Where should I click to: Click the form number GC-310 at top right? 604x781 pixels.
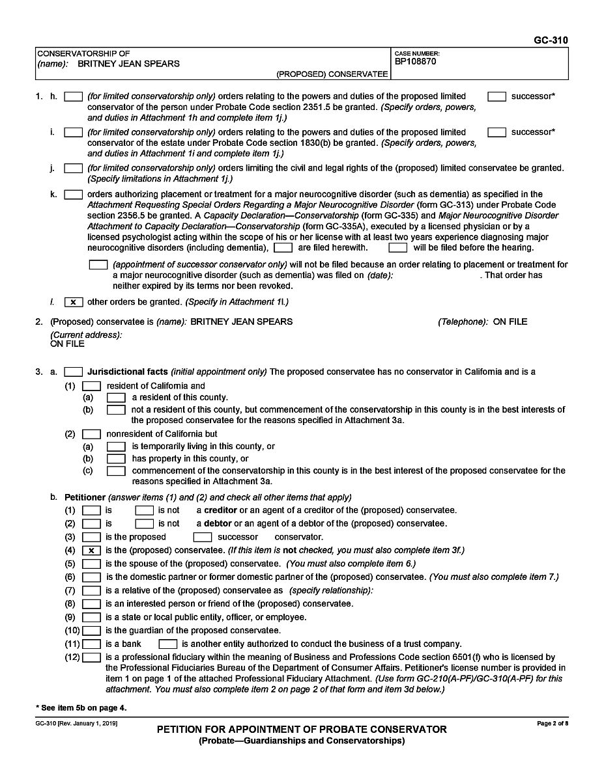click(551, 40)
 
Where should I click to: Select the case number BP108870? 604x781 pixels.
click(415, 62)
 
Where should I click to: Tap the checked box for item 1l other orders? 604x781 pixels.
click(74, 302)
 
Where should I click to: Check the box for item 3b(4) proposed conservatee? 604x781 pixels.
click(91, 551)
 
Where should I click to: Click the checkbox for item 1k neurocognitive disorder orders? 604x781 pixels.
click(74, 194)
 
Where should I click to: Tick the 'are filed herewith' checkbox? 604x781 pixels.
click(283, 248)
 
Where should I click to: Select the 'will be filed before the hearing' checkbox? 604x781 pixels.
click(397, 248)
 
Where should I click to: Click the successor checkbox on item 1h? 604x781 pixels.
click(497, 96)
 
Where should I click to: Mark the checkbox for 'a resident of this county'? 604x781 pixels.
click(116, 397)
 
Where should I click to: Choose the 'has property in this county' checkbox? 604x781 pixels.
click(116, 459)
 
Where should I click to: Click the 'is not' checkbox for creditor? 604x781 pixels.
click(144, 510)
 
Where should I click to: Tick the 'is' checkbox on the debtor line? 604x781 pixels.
click(91, 523)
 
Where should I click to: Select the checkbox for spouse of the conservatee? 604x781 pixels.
click(91, 564)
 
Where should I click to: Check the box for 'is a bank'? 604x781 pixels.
click(91, 644)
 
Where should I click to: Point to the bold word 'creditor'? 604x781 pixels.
click(221, 510)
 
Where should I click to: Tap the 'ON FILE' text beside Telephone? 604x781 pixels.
click(510, 322)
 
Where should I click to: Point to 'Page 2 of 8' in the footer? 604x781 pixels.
click(552, 724)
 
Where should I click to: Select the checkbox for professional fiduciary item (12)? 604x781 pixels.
click(91, 657)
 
